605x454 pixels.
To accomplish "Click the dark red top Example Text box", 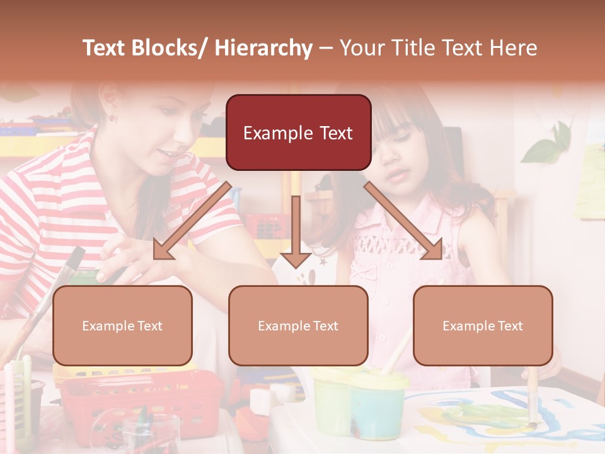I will [298, 132].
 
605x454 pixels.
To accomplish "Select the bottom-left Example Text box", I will [122, 325].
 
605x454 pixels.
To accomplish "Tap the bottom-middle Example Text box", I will [298, 325].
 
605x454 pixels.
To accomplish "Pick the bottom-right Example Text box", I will [483, 325].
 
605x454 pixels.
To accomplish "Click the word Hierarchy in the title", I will [263, 48].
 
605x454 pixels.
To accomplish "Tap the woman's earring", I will [112, 117].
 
